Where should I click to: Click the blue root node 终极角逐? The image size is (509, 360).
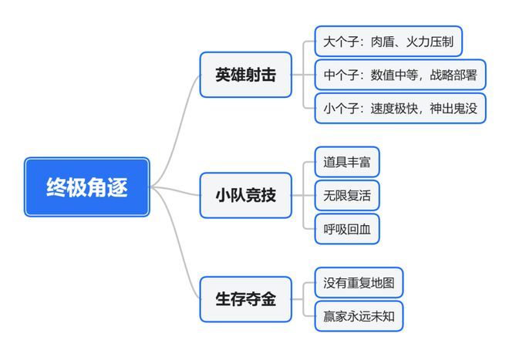86,187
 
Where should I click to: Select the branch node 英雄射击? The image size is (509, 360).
245,75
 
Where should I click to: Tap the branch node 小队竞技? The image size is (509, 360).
245,194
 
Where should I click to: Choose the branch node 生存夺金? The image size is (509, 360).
245,299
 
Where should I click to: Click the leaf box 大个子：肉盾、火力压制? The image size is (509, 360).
388,41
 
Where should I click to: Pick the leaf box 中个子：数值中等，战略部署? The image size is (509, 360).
399,75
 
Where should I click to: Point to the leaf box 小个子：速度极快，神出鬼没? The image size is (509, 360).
399,109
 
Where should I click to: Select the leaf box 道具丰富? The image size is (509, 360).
347,162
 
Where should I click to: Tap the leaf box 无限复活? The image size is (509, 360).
347,195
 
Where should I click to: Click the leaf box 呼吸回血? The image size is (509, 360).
347,229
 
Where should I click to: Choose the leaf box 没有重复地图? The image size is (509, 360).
359,283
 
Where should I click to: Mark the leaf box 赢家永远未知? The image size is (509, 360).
359,316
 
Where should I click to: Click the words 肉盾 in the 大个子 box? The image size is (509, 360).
382,41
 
